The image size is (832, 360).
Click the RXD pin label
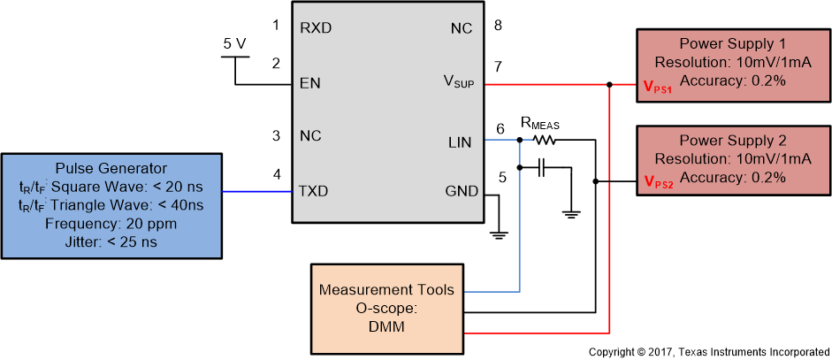[x=316, y=27]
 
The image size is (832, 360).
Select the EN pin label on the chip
[x=310, y=84]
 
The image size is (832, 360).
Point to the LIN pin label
[x=460, y=141]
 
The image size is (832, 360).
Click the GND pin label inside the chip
[x=461, y=192]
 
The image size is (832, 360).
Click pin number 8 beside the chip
[x=499, y=25]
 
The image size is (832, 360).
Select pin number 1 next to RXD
[x=276, y=25]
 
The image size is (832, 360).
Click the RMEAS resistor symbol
[x=545, y=140]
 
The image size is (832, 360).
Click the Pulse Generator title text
[x=111, y=168]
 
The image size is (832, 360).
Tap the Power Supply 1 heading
[x=733, y=44]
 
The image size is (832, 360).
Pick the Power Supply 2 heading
[x=733, y=142]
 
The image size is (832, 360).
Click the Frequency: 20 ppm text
[x=111, y=224]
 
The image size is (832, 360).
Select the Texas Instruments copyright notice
[x=709, y=351]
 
